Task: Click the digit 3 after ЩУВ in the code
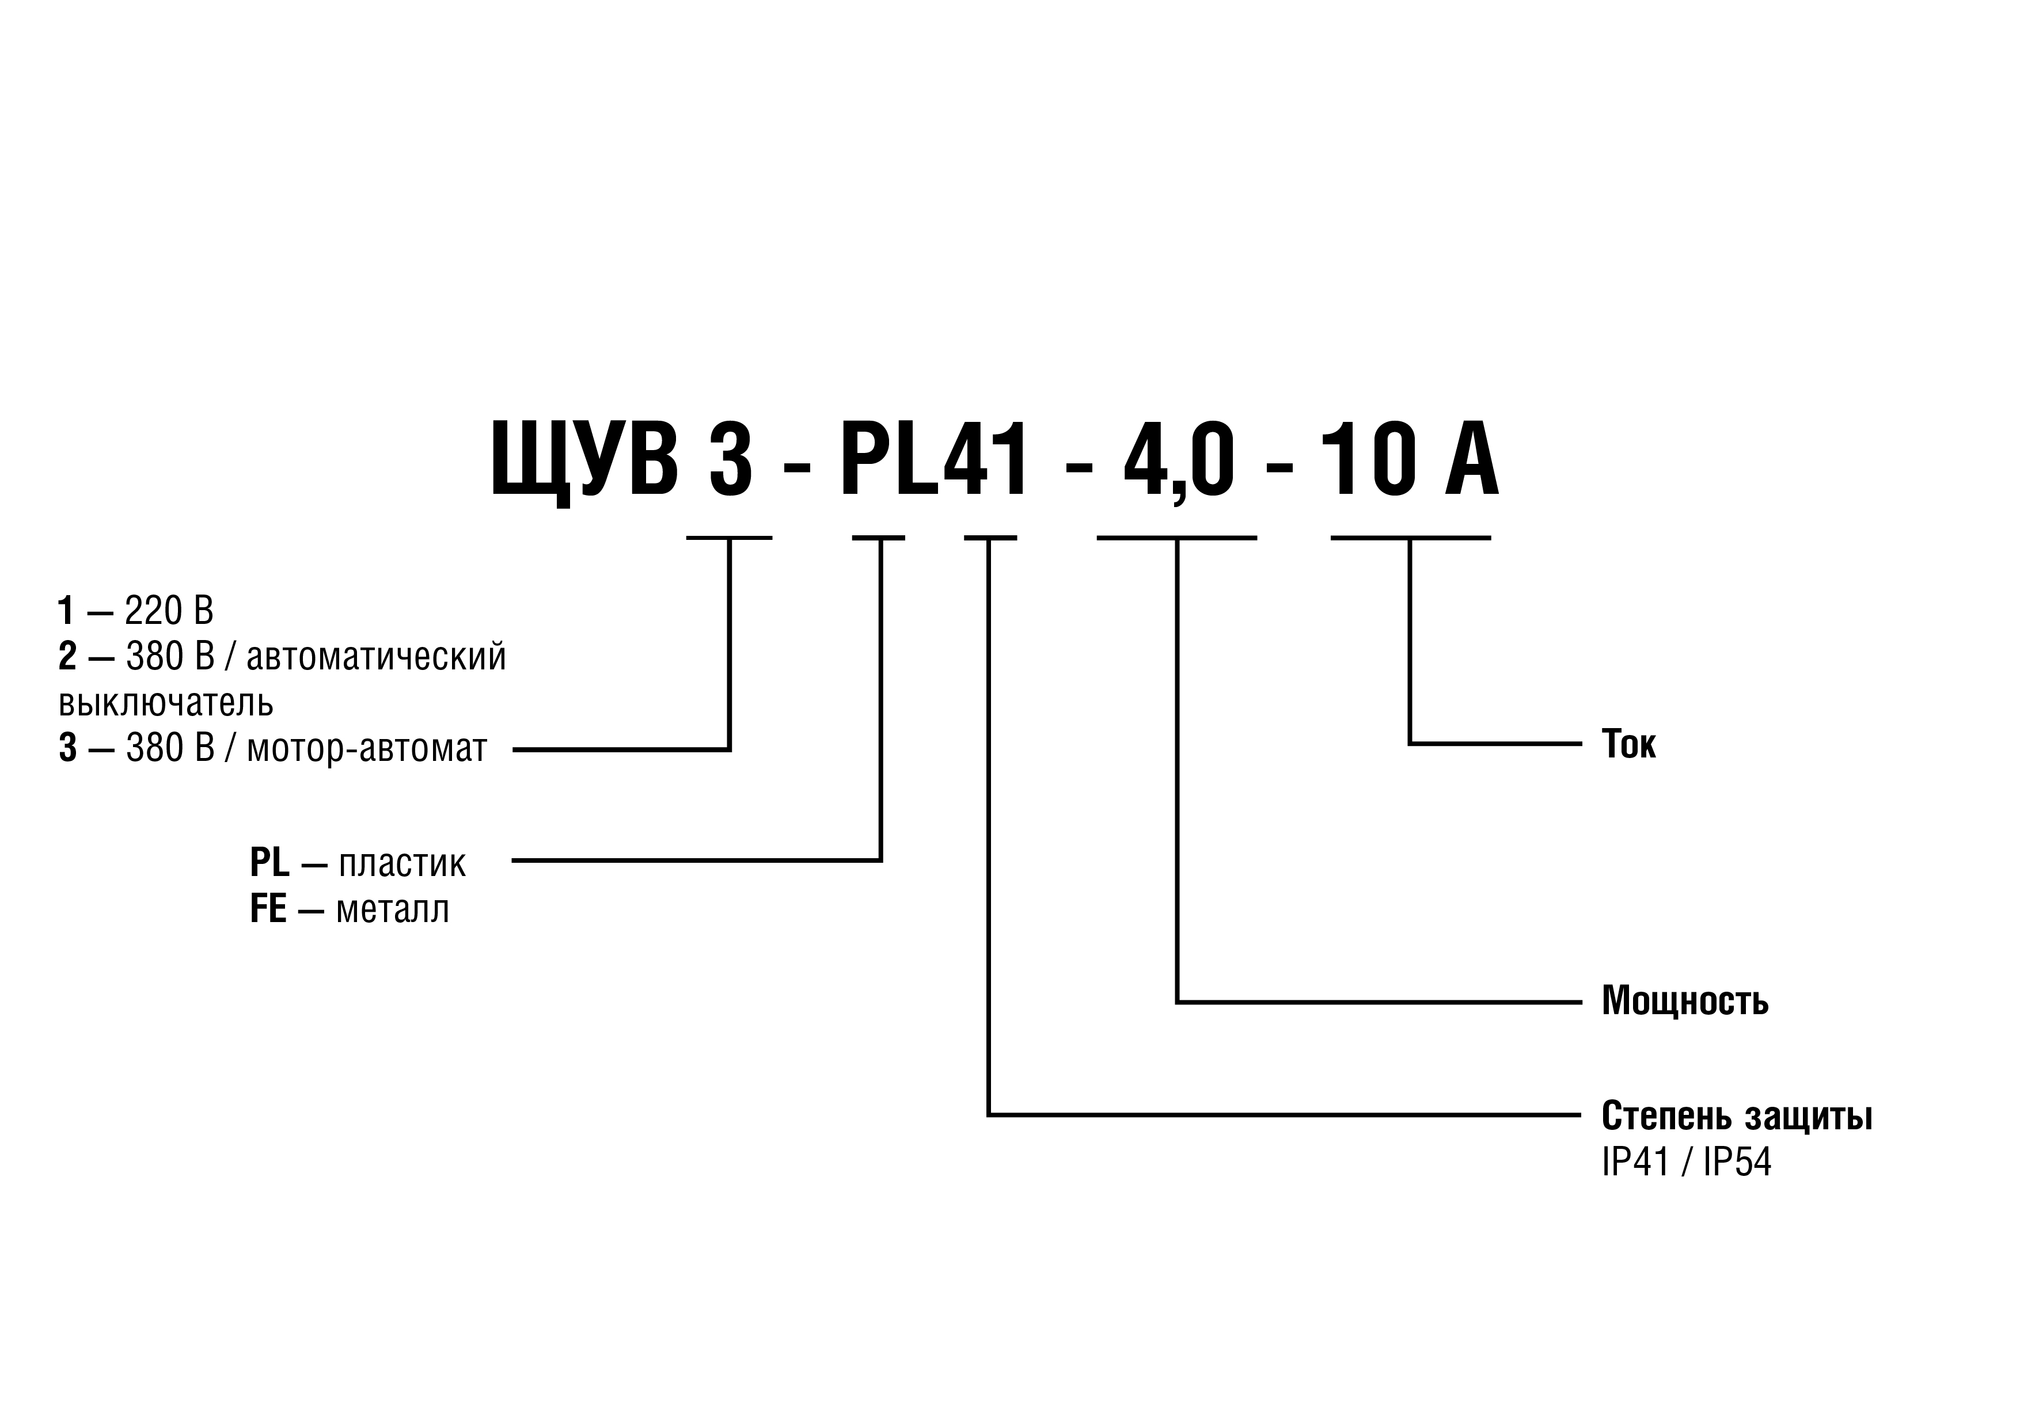[731, 459]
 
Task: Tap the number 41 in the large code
[985, 459]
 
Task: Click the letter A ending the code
[1471, 459]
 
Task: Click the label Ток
[1628, 744]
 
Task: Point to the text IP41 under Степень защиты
[1635, 1163]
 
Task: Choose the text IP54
[1738, 1163]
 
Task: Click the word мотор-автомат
[367, 748]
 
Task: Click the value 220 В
[169, 610]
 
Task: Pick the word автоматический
[377, 657]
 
